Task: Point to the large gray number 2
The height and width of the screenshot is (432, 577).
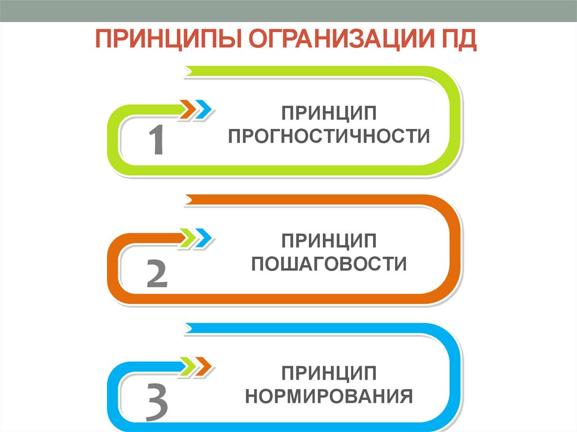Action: click(x=157, y=274)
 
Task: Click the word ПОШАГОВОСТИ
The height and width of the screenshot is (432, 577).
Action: click(x=329, y=264)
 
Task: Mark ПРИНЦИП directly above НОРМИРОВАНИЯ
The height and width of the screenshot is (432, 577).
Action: click(x=329, y=372)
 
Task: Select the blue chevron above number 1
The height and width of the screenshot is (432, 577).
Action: click(x=204, y=109)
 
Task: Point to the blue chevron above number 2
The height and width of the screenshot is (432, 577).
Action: click(x=204, y=238)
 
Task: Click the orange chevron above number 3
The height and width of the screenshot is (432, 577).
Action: click(x=204, y=367)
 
